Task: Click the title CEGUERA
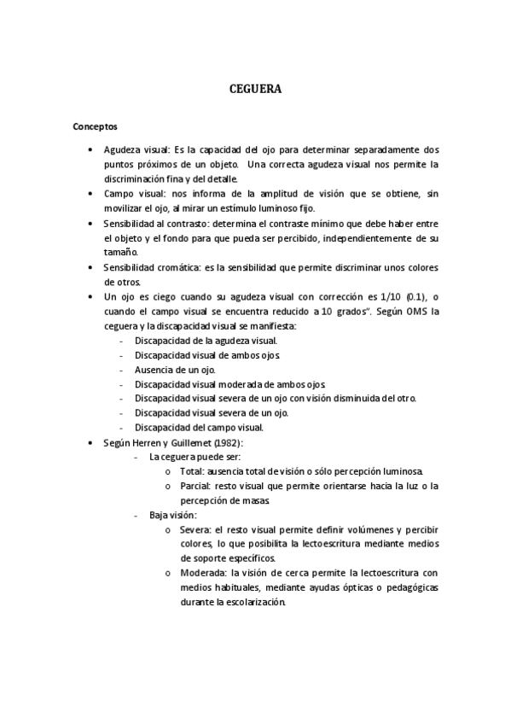[255, 88]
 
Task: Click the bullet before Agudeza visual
[91, 149]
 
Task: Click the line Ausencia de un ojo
[175, 370]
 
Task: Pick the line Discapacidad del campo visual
[199, 427]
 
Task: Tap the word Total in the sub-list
[191, 471]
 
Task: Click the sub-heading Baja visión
[173, 515]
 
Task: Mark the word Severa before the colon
[195, 529]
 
